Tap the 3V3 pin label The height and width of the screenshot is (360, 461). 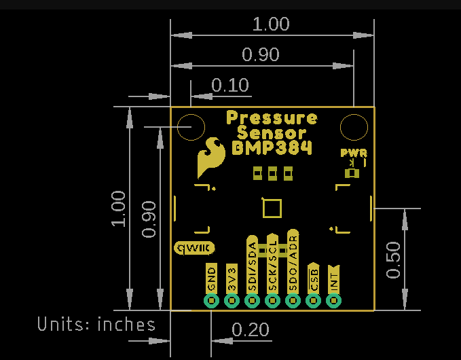click(x=232, y=278)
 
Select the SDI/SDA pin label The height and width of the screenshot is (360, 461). click(x=252, y=266)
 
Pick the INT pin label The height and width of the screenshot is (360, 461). click(x=333, y=278)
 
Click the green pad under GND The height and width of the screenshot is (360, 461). click(x=211, y=300)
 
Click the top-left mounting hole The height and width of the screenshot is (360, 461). click(x=191, y=127)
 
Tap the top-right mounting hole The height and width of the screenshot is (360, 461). click(x=354, y=127)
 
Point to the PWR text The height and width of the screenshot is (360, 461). click(x=354, y=153)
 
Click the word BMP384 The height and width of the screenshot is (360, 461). click(x=272, y=147)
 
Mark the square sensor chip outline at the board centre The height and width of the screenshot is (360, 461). click(x=272, y=208)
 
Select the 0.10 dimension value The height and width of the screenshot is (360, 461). click(x=230, y=86)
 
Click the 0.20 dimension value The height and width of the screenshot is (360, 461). click(x=251, y=330)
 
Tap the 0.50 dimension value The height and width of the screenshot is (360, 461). click(x=394, y=259)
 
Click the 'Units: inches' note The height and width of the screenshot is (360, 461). click(x=96, y=324)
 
